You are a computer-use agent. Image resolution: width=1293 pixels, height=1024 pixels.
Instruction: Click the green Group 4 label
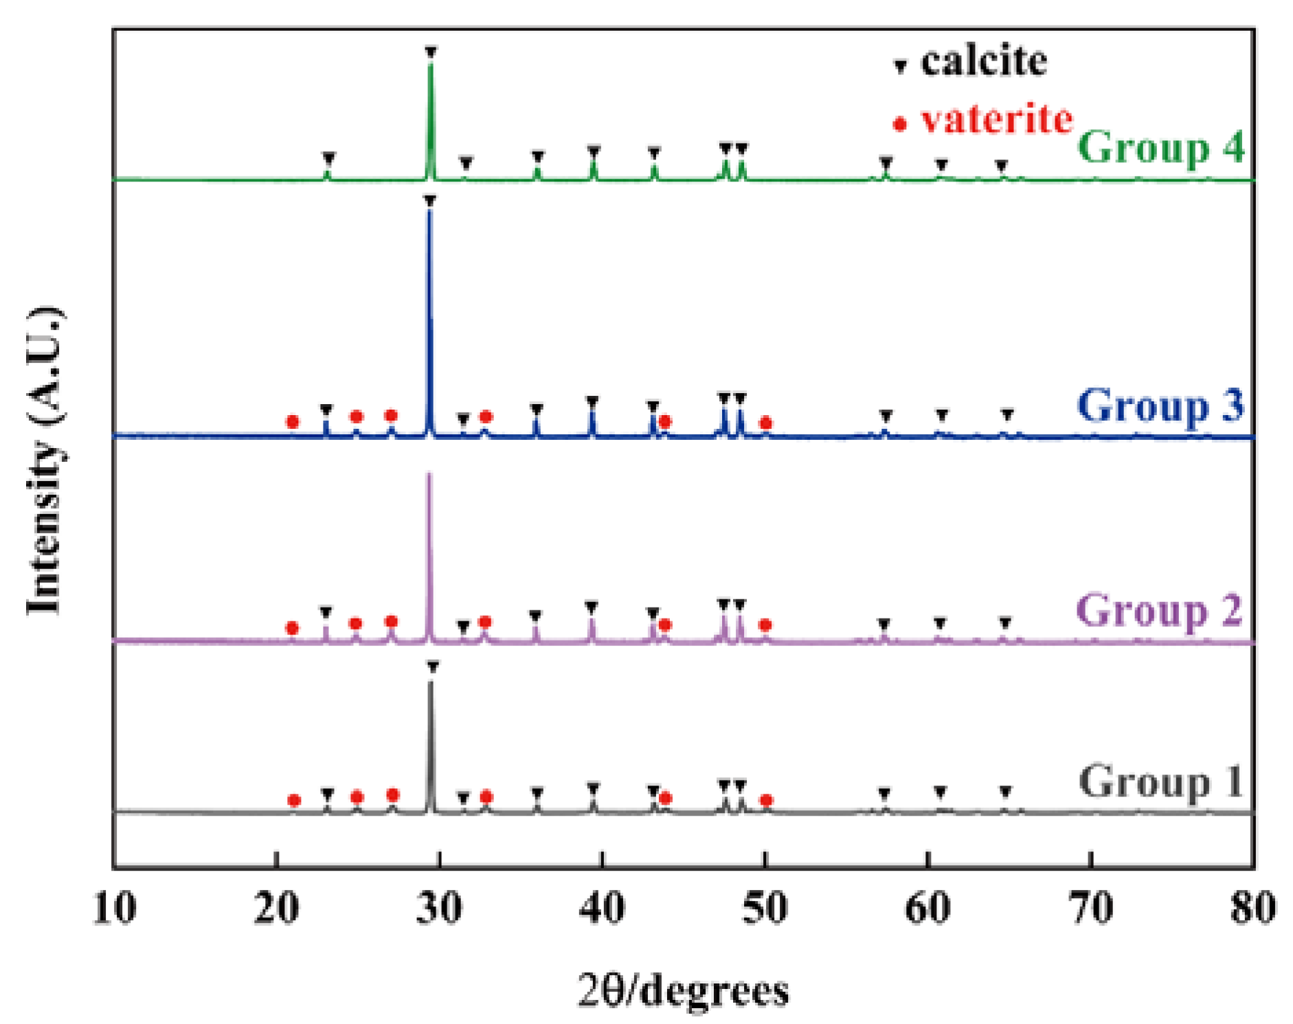1160,147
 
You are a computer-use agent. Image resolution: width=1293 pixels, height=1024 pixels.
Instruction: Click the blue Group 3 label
1160,405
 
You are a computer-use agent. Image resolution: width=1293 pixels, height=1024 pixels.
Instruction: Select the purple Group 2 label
1158,610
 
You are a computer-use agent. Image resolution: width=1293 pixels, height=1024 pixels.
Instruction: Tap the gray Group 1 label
1160,782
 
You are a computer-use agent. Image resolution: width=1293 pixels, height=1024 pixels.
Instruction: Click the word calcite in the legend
983,62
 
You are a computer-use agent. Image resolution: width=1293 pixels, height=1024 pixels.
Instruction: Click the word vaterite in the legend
996,120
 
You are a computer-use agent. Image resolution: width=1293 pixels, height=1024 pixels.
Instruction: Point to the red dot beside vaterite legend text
899,124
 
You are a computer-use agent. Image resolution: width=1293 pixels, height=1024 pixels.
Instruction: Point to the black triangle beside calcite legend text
900,66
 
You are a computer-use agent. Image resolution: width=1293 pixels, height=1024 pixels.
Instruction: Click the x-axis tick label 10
115,908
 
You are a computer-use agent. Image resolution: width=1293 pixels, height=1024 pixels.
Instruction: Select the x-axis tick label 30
439,908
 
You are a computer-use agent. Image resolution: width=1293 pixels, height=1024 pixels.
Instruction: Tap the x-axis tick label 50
765,908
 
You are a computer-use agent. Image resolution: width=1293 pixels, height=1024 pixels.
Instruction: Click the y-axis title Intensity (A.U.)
45,460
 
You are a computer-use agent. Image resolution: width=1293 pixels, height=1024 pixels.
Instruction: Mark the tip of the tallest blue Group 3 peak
429,210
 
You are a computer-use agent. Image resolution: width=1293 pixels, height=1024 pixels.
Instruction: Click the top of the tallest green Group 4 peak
431,63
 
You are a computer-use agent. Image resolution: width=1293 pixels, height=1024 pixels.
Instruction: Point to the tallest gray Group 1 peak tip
431,682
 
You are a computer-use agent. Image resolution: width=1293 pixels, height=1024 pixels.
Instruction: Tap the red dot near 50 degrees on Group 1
767,800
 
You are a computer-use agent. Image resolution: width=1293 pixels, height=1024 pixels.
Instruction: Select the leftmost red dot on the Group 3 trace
293,421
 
